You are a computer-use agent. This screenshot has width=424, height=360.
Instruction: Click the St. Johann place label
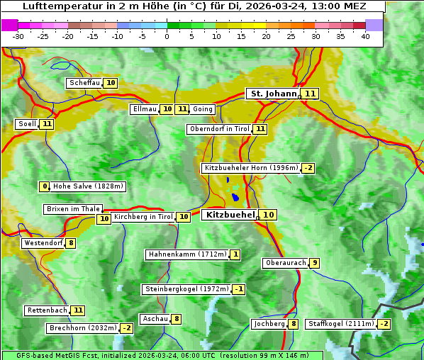click(272, 94)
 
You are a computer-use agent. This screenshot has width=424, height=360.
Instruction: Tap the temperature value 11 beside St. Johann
click(311, 94)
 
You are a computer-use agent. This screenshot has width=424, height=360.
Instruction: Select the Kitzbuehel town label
click(229, 214)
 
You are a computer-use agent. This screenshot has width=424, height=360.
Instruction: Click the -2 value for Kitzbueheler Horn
click(308, 168)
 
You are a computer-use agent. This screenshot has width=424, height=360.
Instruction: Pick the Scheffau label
click(84, 83)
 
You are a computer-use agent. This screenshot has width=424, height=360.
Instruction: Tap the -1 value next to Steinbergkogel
click(239, 289)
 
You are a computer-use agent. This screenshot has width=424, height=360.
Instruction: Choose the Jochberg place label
click(269, 324)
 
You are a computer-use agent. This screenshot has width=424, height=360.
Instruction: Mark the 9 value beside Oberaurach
click(314, 263)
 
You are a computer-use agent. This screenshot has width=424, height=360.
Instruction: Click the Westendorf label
click(43, 243)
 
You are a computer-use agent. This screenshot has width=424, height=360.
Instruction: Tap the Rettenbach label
click(48, 310)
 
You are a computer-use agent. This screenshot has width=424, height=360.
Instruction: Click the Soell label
click(27, 124)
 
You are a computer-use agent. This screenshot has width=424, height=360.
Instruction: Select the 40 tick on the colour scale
click(365, 36)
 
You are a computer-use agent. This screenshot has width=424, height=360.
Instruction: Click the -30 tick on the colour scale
click(18, 36)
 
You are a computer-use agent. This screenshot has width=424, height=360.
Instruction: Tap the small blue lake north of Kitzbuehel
click(235, 197)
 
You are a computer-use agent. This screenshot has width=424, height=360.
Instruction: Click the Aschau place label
click(155, 319)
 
